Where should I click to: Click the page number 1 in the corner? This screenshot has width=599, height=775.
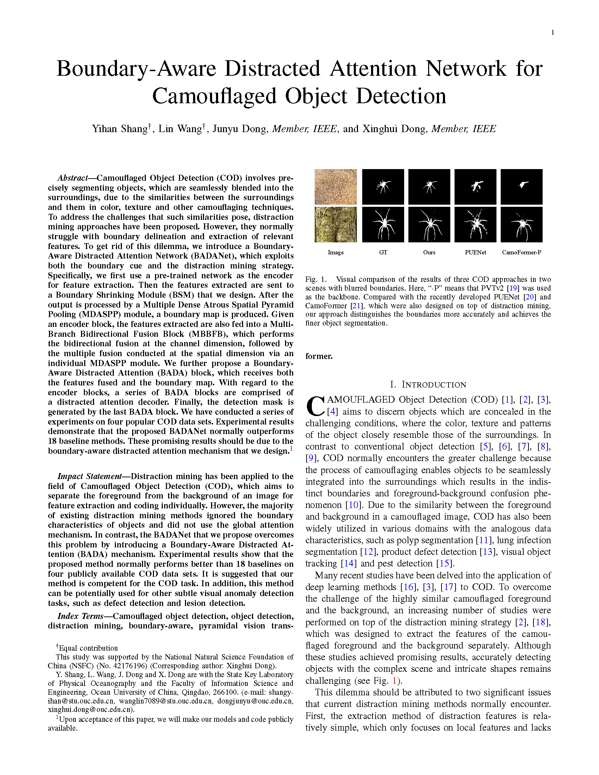(x=552, y=33)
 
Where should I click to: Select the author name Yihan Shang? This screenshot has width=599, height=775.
(x=119, y=129)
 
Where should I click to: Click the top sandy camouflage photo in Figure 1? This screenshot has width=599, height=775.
(x=335, y=187)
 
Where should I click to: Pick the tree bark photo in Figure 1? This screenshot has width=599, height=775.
(x=335, y=225)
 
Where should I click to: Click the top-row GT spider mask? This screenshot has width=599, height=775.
(x=383, y=187)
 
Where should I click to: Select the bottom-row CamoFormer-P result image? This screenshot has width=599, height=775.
(x=521, y=225)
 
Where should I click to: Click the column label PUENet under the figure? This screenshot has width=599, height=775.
(x=475, y=252)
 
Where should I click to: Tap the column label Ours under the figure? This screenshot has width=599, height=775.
(x=429, y=252)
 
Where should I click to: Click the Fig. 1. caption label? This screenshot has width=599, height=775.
(x=316, y=279)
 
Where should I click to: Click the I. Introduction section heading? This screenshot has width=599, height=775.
(x=428, y=385)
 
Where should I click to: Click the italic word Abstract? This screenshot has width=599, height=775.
(x=73, y=178)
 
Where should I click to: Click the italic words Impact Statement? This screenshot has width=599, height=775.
(x=89, y=476)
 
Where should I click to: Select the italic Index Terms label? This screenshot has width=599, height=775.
(x=81, y=616)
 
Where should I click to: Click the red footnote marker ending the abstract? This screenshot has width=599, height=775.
(x=291, y=449)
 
